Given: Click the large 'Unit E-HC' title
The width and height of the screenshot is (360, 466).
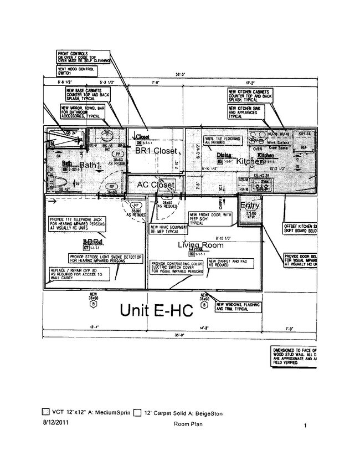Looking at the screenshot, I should (x=157, y=311).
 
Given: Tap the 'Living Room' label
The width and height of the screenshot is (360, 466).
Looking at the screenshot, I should (x=200, y=245).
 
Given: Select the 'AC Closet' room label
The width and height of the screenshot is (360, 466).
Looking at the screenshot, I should (x=156, y=185).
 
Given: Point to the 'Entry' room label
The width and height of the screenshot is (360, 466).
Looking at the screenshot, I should (x=250, y=206).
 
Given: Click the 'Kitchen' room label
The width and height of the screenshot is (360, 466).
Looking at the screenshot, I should (x=250, y=161).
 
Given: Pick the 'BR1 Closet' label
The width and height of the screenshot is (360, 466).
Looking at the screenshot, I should (x=156, y=151).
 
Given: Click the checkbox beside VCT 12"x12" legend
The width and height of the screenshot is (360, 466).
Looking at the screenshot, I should (x=46, y=412).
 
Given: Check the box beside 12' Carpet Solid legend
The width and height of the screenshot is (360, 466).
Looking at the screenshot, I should (x=137, y=412).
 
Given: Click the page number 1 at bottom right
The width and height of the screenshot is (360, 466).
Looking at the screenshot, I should (x=305, y=426).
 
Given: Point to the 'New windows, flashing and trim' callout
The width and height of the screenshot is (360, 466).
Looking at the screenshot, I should (x=238, y=307).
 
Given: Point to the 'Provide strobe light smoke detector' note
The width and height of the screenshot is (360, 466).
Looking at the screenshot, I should (x=106, y=259).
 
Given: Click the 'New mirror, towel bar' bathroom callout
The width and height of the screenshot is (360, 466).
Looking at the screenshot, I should (x=84, y=113).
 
